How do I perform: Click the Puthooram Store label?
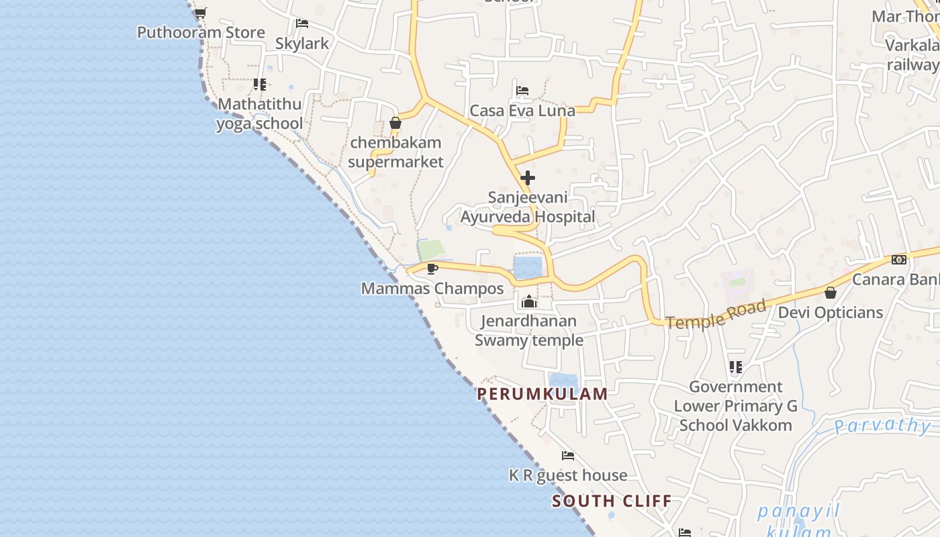click(201, 32)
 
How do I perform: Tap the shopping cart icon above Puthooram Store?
click(201, 12)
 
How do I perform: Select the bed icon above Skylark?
click(302, 23)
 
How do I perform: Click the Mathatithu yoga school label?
click(259, 113)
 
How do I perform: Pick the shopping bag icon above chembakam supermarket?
click(395, 123)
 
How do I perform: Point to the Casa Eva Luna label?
click(522, 111)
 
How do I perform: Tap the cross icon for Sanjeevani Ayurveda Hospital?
click(528, 178)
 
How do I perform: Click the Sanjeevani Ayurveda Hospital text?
click(528, 207)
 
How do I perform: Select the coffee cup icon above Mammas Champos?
click(432, 268)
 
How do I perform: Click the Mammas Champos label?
click(432, 289)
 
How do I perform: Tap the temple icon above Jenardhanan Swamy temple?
click(529, 301)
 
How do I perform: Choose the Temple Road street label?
click(716, 315)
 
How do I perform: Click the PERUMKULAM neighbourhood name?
click(543, 394)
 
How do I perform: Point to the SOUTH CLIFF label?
click(612, 501)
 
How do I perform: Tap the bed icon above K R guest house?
click(568, 456)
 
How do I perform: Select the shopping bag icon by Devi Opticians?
click(831, 293)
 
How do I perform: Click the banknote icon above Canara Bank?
click(898, 260)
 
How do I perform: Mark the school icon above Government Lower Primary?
click(736, 367)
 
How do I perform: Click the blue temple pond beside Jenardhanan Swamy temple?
click(528, 267)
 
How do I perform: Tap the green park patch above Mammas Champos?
click(432, 250)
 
